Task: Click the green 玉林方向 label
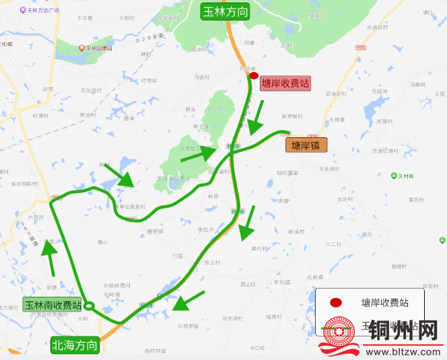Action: (226, 11)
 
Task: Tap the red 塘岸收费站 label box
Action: (285, 83)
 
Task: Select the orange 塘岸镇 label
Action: (306, 145)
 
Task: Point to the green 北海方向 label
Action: (75, 346)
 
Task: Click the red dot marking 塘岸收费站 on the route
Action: (254, 76)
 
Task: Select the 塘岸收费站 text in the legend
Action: (384, 303)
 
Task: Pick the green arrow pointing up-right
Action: (199, 154)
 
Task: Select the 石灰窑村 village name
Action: (91, 90)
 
